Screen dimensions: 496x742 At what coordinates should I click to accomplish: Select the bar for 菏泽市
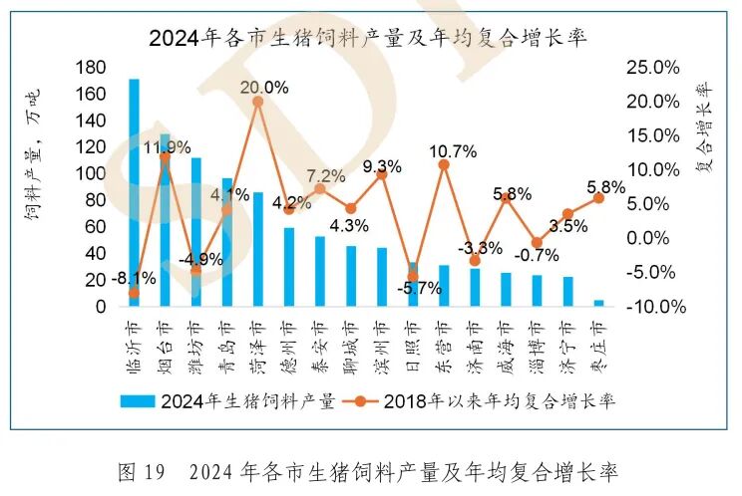pos(257,249)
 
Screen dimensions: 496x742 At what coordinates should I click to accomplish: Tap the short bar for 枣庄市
pos(598,303)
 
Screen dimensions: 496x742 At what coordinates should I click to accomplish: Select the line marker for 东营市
pos(444,164)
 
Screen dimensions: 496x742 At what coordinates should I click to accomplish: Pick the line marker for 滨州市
pos(381,174)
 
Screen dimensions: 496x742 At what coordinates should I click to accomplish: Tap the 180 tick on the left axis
pos(90,68)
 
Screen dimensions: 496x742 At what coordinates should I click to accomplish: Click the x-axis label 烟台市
pos(165,344)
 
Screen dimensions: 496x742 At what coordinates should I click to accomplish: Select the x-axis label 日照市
pos(412,344)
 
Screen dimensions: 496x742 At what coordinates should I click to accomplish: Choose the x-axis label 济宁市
pos(566,344)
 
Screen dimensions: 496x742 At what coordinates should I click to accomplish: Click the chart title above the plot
pos(368,39)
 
